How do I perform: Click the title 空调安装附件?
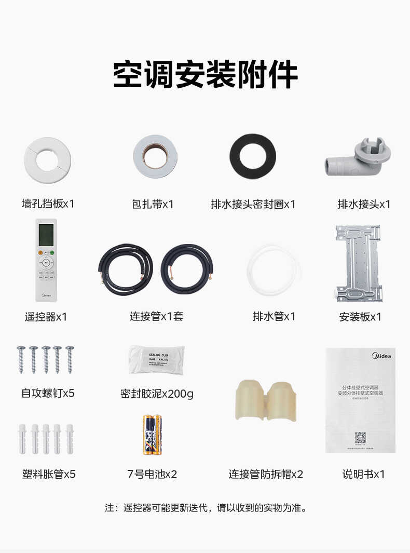pos(206,75)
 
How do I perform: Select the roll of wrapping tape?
pos(154,157)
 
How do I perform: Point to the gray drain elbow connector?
pos(358,159)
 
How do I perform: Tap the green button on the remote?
pos(52,253)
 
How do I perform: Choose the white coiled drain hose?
pos(274,270)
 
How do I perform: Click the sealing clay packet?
pos(156,359)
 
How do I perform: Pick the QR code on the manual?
pos(360,437)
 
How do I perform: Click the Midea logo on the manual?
pos(382,356)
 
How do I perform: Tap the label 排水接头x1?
pos(364,204)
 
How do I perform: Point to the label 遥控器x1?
pos(46,316)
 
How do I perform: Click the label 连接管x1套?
pos(156,316)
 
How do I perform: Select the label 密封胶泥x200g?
pos(156,394)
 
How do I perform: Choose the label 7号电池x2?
pos(152,474)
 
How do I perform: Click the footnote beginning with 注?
pos(206,507)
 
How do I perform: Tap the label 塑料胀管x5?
pos(49,474)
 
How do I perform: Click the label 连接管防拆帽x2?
pos(266,474)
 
